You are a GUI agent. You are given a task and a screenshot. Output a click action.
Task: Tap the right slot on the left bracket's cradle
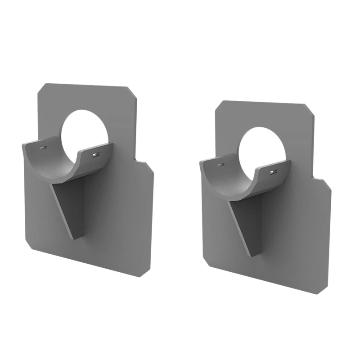click(94, 155)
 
